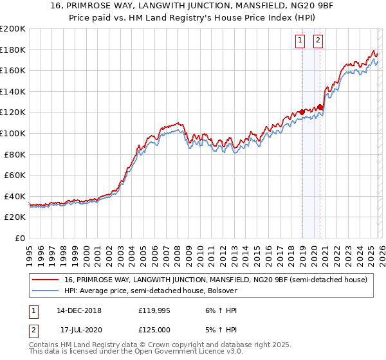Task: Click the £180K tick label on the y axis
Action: [x=13, y=50]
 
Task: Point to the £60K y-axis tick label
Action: [x=15, y=175]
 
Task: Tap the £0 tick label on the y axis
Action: [x=21, y=238]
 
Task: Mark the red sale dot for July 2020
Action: [x=320, y=107]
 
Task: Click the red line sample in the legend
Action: [x=46, y=280]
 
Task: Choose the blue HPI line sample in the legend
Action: [x=46, y=291]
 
